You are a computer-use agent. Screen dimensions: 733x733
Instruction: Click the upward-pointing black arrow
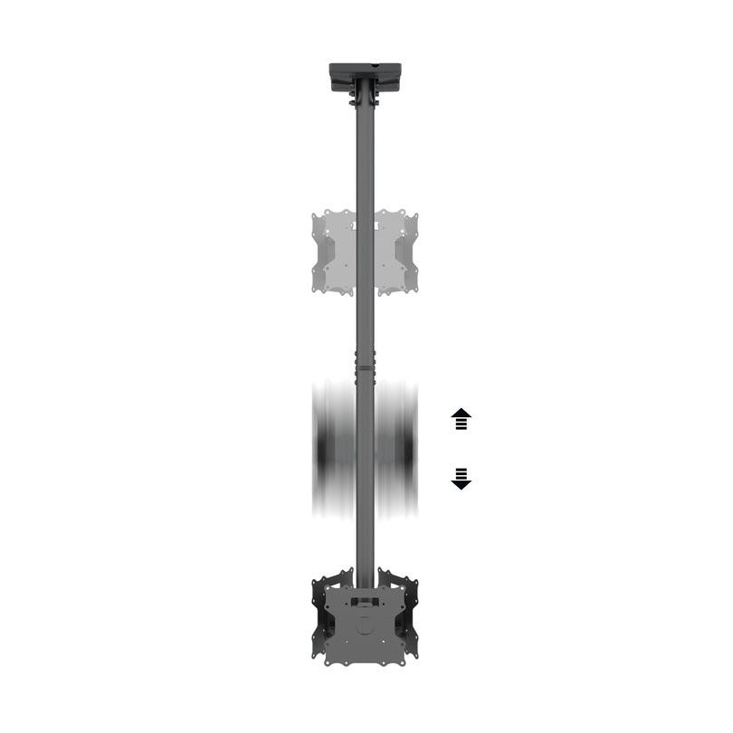coord(462,418)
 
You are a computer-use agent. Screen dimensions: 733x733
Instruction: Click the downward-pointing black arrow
coord(462,479)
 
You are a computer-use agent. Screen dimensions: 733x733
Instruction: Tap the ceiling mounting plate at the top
coord(365,71)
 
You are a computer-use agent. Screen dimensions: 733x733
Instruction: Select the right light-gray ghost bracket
coord(397,252)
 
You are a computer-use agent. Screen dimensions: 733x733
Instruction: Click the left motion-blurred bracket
coord(334,450)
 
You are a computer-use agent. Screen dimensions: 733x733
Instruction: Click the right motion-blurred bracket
coord(396,450)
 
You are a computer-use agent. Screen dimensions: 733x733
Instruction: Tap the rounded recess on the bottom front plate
coord(365,624)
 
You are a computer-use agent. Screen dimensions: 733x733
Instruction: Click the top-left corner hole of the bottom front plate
coord(332,593)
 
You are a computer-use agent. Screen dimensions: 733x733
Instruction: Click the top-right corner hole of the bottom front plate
coord(397,593)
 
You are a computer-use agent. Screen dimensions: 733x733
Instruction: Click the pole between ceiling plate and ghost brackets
coord(365,154)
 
